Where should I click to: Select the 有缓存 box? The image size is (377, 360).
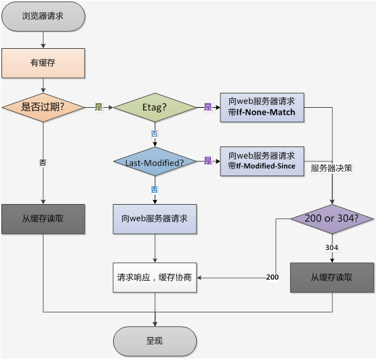pyautogui.click(x=43, y=63)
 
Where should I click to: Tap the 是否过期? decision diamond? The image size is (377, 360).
pyautogui.click(x=43, y=107)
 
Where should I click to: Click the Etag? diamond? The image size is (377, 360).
pyautogui.click(x=155, y=107)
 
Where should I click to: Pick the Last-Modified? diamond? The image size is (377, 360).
pyautogui.click(x=155, y=162)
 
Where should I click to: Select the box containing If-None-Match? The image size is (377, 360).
pyautogui.click(x=262, y=107)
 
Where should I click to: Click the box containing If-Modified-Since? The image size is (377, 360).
pyautogui.click(x=262, y=161)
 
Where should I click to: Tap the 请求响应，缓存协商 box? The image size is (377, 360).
pyautogui.click(x=155, y=277)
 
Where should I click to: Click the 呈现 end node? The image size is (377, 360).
pyautogui.click(x=155, y=340)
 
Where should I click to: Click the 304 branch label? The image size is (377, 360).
pyautogui.click(x=332, y=247)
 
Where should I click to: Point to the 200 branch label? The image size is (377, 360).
pyautogui.click(x=272, y=277)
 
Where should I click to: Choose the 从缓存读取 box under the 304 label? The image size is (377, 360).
pyautogui.click(x=332, y=277)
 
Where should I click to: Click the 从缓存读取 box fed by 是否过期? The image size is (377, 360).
pyautogui.click(x=43, y=218)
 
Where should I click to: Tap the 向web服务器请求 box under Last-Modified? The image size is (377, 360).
pyautogui.click(x=155, y=218)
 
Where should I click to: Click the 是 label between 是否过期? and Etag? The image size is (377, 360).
pyautogui.click(x=98, y=107)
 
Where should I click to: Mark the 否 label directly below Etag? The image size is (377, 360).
pyautogui.click(x=155, y=134)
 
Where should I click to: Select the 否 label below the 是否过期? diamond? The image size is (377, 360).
pyautogui.click(x=43, y=163)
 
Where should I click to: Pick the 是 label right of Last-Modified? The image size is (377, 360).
pyautogui.click(x=208, y=161)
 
